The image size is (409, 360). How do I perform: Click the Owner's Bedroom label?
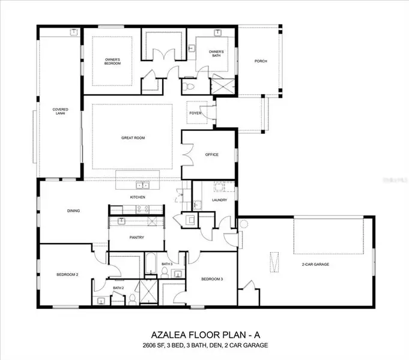[x=113, y=61]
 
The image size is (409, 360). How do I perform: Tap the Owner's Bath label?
[x=216, y=53]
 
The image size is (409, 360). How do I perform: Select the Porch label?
[x=261, y=61]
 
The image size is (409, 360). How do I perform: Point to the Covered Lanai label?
[x=60, y=111]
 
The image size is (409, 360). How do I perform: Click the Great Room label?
[x=133, y=138]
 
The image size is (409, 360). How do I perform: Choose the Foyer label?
[x=195, y=113]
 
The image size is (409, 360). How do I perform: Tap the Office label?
[x=211, y=155]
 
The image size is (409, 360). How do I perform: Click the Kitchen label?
[x=139, y=197]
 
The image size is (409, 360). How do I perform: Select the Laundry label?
[x=219, y=200]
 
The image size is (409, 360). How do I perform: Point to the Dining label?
[x=73, y=211]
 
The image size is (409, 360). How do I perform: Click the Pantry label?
[x=136, y=237]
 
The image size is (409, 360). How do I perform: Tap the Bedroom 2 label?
[x=68, y=274]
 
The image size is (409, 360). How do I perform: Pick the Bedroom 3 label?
[x=212, y=279]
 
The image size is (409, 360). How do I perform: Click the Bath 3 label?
[x=167, y=264]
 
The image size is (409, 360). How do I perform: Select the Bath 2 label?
[x=118, y=288]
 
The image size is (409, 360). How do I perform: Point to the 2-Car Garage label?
[x=315, y=264]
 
